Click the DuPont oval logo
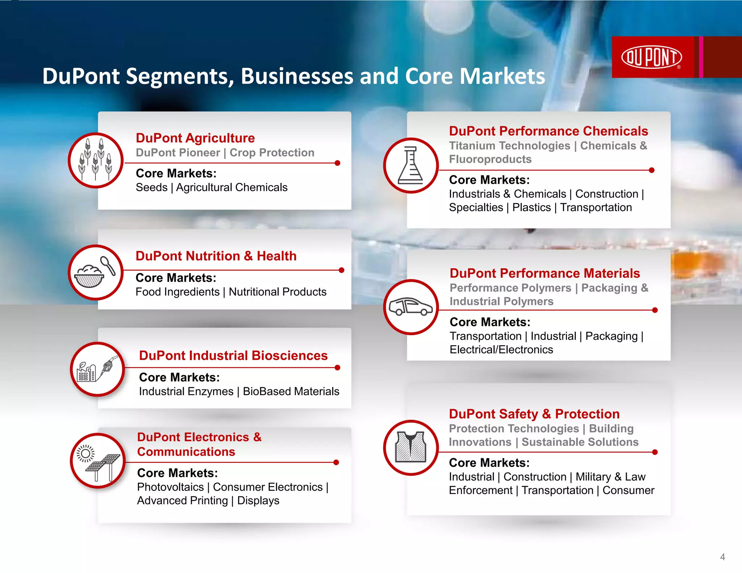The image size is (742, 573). [651, 57]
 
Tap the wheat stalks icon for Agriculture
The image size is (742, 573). [96, 160]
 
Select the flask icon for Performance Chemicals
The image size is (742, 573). [410, 166]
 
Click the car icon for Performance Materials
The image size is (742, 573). [410, 307]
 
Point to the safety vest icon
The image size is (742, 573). [410, 447]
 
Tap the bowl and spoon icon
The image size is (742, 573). [96, 272]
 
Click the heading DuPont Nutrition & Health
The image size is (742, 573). [216, 256]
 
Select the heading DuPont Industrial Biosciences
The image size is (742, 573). [233, 356]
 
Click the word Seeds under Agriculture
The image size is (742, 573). [151, 188]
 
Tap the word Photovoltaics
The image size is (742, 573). [170, 487]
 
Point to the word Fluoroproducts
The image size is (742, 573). [490, 159]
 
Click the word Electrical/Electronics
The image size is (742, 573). [501, 350]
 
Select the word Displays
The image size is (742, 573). [258, 501]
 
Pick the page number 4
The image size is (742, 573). [722, 557]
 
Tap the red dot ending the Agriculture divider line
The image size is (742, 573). [337, 163]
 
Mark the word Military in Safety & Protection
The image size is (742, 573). [593, 477]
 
